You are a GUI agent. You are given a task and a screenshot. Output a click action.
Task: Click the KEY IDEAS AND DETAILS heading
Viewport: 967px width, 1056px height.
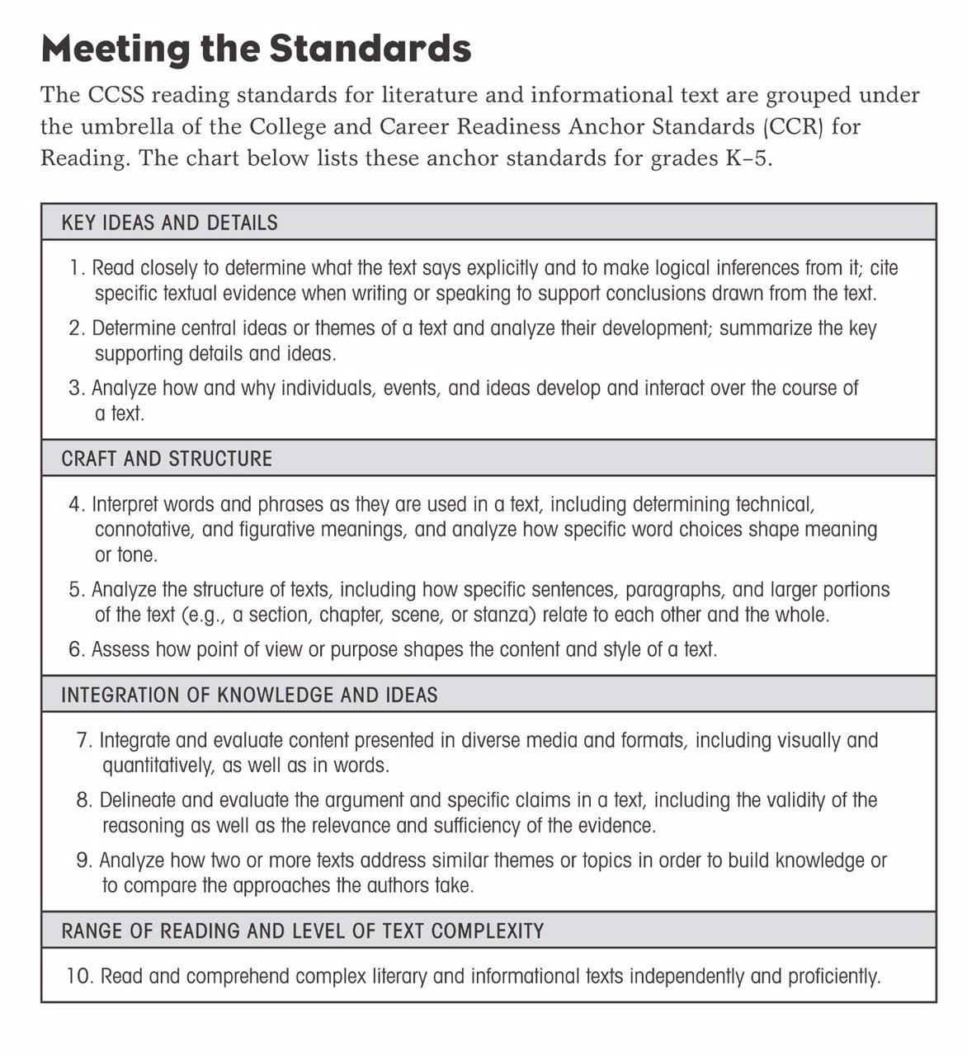coord(169,223)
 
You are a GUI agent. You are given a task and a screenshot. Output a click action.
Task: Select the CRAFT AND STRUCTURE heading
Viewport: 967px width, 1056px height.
coord(167,459)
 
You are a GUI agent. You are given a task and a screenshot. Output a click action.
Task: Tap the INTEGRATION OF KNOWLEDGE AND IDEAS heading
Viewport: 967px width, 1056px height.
coord(249,695)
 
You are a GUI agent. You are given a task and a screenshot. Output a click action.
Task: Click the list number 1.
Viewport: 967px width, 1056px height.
coord(77,268)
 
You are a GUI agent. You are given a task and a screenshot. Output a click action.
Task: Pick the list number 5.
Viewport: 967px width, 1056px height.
coord(76,590)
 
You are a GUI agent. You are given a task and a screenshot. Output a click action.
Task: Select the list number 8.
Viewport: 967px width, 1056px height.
coord(83,800)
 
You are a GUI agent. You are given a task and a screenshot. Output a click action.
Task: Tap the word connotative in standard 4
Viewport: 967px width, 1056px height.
coord(144,529)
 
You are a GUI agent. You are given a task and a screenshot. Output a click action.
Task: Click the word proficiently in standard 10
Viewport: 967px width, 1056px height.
coord(833,977)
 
